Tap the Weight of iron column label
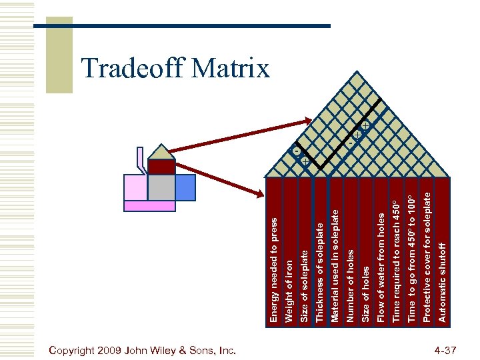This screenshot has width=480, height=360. coord(289,291)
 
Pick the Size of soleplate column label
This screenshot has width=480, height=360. coord(305,287)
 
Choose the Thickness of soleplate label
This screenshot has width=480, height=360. coord(321,273)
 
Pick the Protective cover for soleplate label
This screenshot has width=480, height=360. coord(427,257)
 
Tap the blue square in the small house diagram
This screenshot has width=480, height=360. coord(185,187)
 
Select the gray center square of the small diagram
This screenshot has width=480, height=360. coord(161,187)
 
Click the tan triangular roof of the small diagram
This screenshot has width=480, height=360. coord(161,154)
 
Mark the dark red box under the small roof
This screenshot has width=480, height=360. coord(161,167)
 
